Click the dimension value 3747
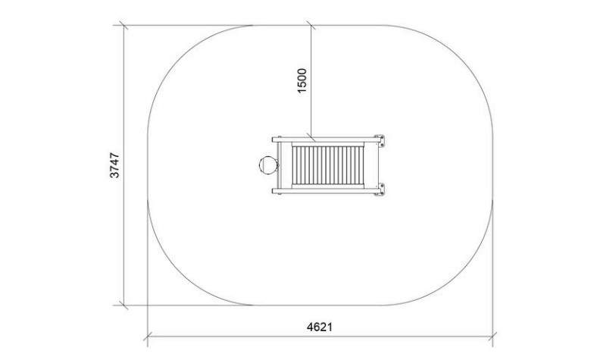114,165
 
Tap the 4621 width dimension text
320,327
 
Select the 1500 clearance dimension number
302,80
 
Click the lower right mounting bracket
379,189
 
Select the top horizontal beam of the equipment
325,139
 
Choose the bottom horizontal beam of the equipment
325,191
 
